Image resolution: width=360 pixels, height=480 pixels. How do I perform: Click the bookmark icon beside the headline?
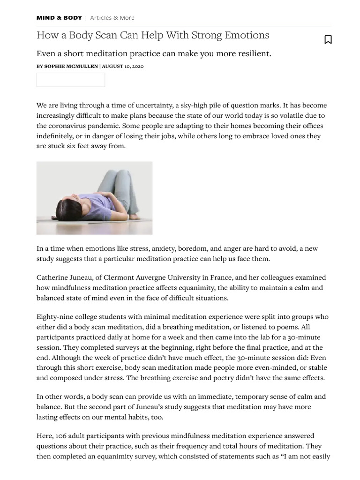tap(328, 40)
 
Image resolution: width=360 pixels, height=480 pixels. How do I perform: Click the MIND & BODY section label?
tap(59, 18)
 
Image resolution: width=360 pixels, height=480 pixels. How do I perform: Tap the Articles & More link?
tap(112, 18)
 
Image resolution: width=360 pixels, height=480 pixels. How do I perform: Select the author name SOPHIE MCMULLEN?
tap(71, 67)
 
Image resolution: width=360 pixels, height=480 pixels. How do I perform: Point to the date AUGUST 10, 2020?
tap(123, 67)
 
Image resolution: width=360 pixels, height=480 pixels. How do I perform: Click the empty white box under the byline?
tap(71, 80)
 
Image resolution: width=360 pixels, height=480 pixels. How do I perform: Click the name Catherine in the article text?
tap(52, 277)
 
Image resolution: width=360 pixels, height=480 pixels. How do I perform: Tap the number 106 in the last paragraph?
tap(61, 436)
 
